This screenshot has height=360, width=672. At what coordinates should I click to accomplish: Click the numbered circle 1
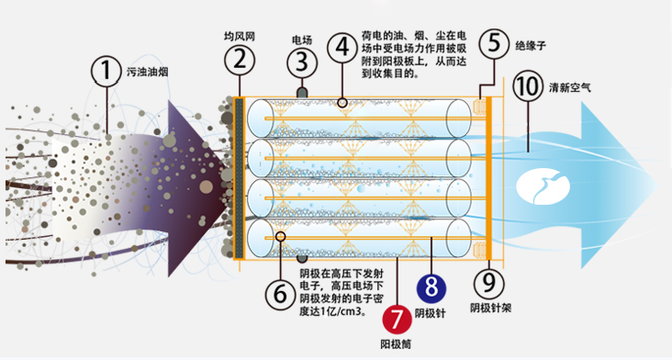[106, 70]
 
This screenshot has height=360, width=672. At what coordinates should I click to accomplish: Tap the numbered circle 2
[239, 62]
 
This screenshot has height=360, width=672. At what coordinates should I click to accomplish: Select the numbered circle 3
[301, 62]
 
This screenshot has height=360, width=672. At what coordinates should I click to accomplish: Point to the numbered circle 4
[342, 46]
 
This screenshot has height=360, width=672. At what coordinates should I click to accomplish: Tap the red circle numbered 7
[397, 321]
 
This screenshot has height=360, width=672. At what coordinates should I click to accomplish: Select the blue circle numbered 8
[430, 285]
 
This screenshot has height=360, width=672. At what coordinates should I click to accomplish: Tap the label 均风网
[238, 37]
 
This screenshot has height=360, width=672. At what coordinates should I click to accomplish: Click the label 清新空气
[571, 89]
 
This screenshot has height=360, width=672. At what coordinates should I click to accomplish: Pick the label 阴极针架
[487, 308]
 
